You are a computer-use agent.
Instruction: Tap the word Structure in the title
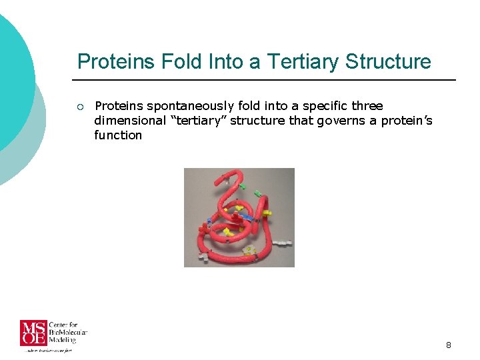click(x=388, y=62)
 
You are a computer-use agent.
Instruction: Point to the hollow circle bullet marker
click(x=79, y=107)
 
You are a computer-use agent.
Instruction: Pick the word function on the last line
click(x=118, y=135)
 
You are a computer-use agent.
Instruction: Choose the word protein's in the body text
click(x=407, y=121)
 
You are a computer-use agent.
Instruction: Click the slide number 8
click(x=448, y=345)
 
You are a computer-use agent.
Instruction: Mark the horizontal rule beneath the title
click(x=267, y=80)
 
